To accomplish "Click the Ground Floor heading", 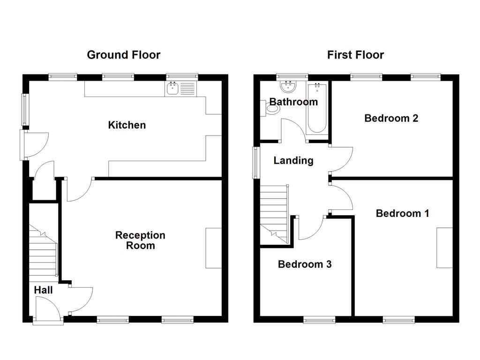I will coord(124,55).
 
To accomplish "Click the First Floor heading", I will coord(355,55).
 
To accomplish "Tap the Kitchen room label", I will coord(127,125).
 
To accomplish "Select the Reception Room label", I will coord(140,240).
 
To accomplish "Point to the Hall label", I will coord(43,290).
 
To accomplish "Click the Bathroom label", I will coord(293,102).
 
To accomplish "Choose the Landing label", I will coord(293,160).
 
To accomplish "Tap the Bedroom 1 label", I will coord(402,213).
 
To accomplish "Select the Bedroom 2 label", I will coord(391,118).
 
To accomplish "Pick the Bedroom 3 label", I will coord(305,264).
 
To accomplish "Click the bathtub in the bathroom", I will coord(317,108).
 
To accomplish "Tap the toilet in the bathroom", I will coord(270,108).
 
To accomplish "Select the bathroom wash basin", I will coord(287,86).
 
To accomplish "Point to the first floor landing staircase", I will coord(274,211).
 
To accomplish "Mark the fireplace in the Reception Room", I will coord(213,248).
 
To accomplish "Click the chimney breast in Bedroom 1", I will coord(444,247).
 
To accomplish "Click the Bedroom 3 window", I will coord(319,320).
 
